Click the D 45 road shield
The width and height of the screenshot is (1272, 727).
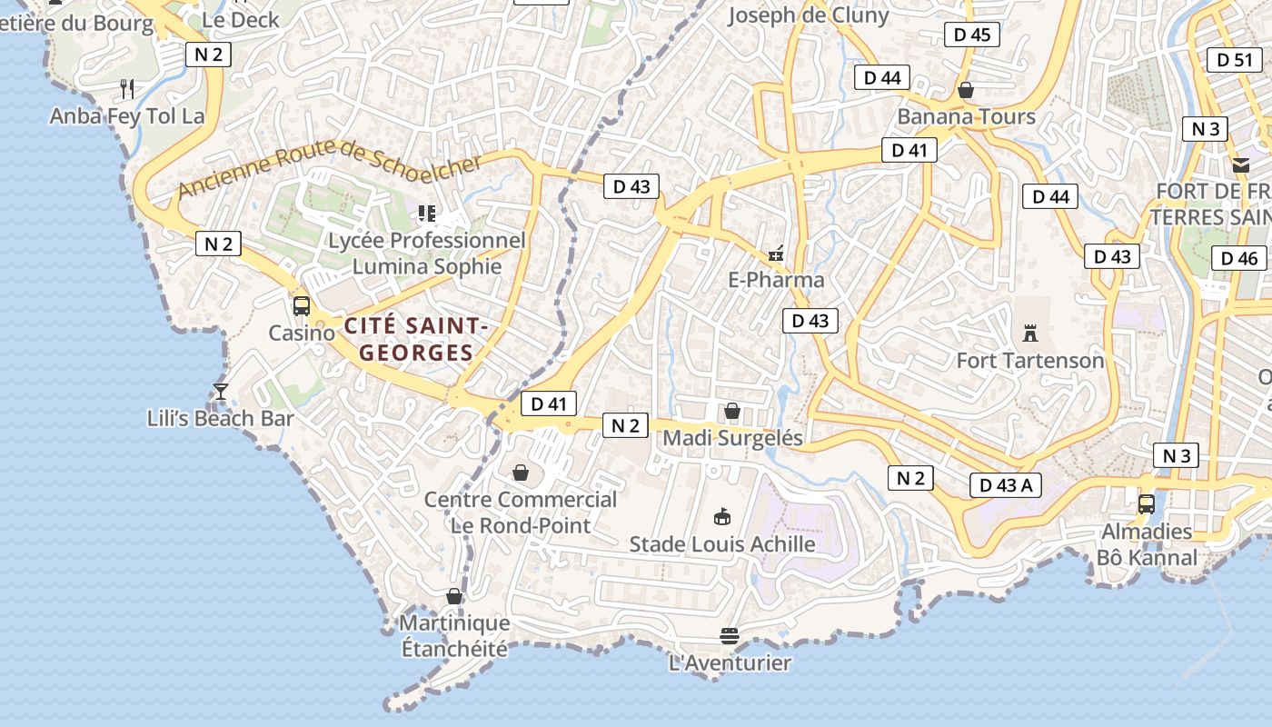coord(972,35)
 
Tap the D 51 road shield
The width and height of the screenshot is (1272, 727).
coord(1234,60)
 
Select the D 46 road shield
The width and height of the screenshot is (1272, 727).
coord(1238,258)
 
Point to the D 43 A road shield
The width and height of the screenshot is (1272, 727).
coord(1006,485)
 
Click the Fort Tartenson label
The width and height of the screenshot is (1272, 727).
coord(1030,361)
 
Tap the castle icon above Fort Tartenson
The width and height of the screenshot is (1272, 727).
coord(1029,333)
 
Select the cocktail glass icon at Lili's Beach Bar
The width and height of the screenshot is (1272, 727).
coord(220,392)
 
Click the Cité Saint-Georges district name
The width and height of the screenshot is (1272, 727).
coord(416,339)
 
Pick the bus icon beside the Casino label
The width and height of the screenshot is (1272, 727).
coord(302,306)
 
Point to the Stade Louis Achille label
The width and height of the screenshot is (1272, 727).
coord(722,544)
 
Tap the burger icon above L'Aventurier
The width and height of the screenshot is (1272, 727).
coord(729,634)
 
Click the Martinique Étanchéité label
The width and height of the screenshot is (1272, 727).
coord(454,636)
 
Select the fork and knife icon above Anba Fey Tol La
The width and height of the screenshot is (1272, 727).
coord(128,88)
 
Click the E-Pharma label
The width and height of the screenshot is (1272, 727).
coord(776,280)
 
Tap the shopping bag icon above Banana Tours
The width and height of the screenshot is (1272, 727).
coord(966,90)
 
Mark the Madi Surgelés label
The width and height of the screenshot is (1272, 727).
coord(732,438)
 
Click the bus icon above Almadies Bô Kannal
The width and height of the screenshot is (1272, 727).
coord(1147,503)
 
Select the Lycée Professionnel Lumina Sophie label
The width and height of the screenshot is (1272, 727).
coord(427,254)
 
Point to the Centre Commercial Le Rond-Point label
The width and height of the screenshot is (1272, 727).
coord(521,513)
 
